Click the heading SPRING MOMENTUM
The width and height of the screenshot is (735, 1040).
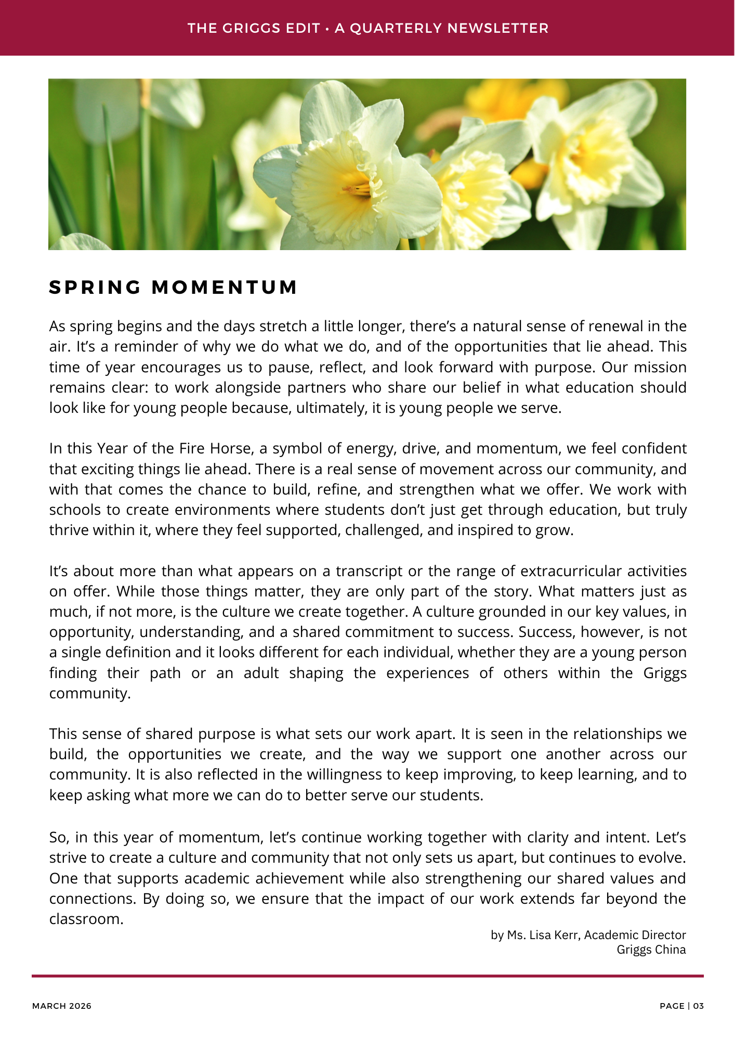point(173,287)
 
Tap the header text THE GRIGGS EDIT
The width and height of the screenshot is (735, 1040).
point(253,28)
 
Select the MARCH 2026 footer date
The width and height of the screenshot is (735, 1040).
point(62,1006)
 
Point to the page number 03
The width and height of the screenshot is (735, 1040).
point(698,1006)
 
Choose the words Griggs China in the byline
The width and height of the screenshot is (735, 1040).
point(651,950)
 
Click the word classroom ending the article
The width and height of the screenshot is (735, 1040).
point(86,919)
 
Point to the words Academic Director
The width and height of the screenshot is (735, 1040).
point(635,935)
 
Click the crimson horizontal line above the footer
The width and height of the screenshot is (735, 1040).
point(367,976)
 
